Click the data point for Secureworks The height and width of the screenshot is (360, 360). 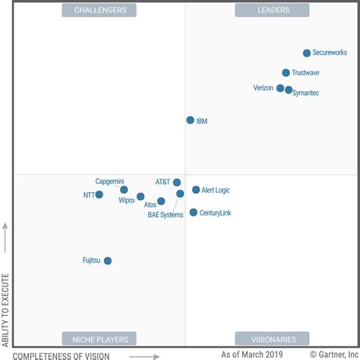point(307,53)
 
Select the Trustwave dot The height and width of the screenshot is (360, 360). point(286,73)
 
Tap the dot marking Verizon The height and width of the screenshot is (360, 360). point(280,88)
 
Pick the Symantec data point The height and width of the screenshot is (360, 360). point(289,90)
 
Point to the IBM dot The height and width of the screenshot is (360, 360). point(190,120)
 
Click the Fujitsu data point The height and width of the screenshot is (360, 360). point(107,261)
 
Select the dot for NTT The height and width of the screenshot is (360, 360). point(99,194)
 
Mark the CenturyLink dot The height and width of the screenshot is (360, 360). point(193,213)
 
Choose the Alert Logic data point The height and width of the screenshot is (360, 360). point(195,190)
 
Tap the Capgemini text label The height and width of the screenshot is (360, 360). point(109,182)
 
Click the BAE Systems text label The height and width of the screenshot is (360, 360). point(166,215)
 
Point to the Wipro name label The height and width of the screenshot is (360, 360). point(126,201)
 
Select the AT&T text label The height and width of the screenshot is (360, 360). point(163,182)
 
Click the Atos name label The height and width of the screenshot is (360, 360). point(150,205)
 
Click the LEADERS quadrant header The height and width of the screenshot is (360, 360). point(272,10)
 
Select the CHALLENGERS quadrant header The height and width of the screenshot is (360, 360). point(100,10)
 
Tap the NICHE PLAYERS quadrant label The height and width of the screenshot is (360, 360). point(100,339)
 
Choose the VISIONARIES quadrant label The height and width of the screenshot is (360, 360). point(272,339)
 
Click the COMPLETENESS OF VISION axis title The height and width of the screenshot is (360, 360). point(62,355)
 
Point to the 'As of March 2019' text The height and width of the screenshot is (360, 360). point(251,354)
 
